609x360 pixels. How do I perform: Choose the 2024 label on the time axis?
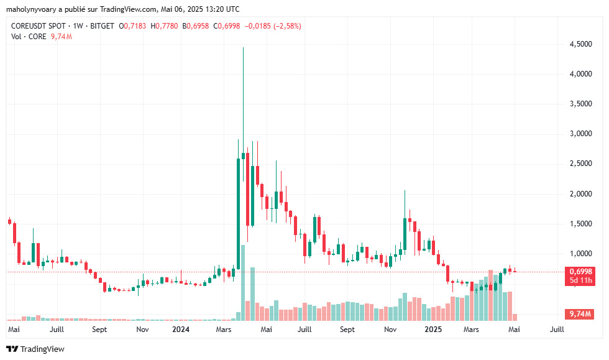click(181, 329)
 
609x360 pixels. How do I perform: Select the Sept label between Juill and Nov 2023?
click(100, 329)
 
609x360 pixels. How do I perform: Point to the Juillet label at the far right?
click(557, 329)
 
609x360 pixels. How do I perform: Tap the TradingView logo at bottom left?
click(35, 349)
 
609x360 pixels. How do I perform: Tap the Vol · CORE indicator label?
click(29, 37)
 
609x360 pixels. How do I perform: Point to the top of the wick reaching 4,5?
click(243, 48)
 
